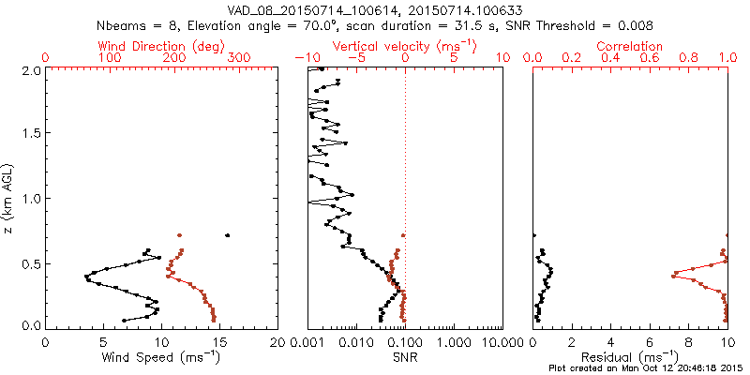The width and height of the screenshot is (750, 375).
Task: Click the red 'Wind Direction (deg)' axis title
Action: [162, 46]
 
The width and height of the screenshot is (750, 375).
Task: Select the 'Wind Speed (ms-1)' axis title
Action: [162, 357]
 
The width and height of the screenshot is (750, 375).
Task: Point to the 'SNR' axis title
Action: [405, 357]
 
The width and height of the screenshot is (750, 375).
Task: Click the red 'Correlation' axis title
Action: [630, 46]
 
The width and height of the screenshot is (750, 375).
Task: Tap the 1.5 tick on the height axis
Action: [33, 133]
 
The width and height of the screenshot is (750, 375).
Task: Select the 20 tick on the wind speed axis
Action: [277, 342]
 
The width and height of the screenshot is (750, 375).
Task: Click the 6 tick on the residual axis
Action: [650, 342]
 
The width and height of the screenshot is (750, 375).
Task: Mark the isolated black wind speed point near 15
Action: [227, 235]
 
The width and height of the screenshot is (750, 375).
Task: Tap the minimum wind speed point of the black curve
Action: [86, 277]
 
